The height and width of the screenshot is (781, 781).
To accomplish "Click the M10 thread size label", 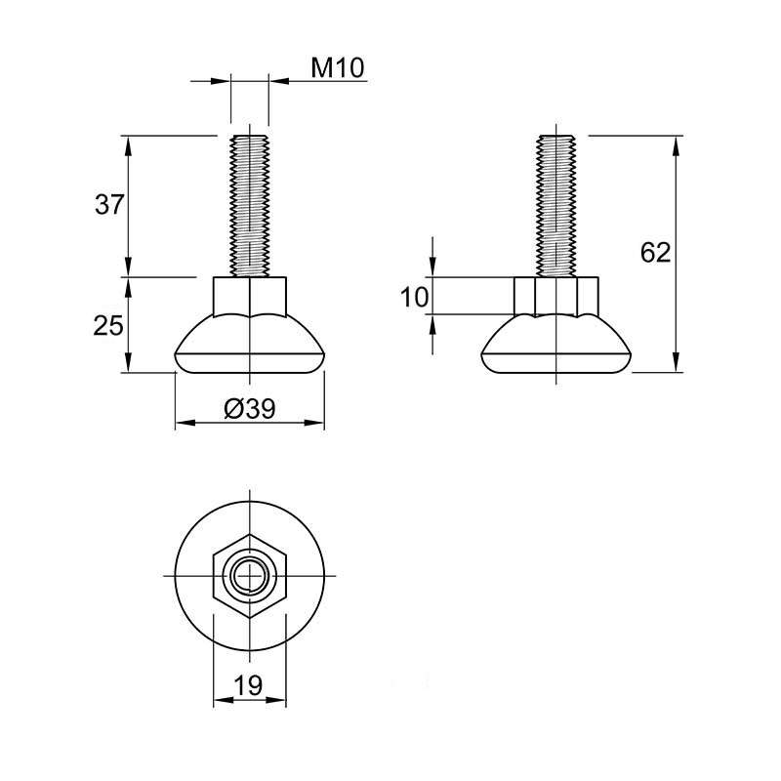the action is [338, 67].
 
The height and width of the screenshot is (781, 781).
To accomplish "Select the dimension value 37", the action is [108, 204].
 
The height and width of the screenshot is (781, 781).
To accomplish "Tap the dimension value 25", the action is [108, 326].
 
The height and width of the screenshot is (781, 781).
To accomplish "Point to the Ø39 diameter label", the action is [250, 409].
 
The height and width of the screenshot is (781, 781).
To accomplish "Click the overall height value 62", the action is [655, 253].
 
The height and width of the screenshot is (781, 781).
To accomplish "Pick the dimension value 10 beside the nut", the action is [414, 298].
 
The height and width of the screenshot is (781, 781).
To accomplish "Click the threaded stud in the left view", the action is [250, 205].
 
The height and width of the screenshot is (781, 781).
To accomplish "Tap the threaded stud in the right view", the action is [555, 205].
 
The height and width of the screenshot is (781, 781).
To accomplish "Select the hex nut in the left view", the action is [250, 297].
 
